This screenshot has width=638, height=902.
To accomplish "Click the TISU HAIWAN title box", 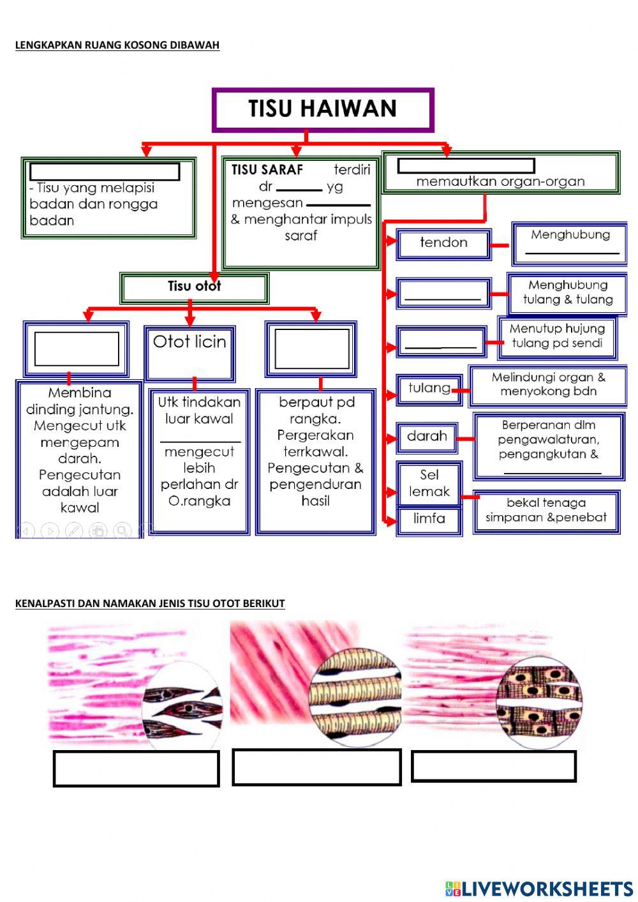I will click(x=323, y=110).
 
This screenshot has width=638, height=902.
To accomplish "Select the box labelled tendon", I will click(x=443, y=244).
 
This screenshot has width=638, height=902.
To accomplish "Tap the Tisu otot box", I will click(x=194, y=287).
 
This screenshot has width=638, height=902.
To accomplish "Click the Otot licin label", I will click(x=189, y=342).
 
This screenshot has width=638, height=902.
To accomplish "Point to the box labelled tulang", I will click(x=429, y=389).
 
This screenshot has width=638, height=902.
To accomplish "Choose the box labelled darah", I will click(x=427, y=437).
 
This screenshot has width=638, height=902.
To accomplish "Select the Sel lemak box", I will click(x=429, y=484).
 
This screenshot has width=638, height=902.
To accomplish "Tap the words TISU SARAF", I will click(x=267, y=170).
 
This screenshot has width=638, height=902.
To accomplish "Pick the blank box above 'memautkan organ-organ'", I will click(x=466, y=167).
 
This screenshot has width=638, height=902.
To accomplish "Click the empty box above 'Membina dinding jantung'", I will click(x=77, y=349).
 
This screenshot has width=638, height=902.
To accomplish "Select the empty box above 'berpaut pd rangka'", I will click(x=311, y=349).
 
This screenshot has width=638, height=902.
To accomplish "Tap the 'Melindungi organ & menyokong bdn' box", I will click(x=548, y=385).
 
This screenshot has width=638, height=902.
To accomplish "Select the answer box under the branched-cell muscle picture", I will click(x=494, y=766).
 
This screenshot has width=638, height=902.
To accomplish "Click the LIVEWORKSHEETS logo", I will click(x=539, y=888).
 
